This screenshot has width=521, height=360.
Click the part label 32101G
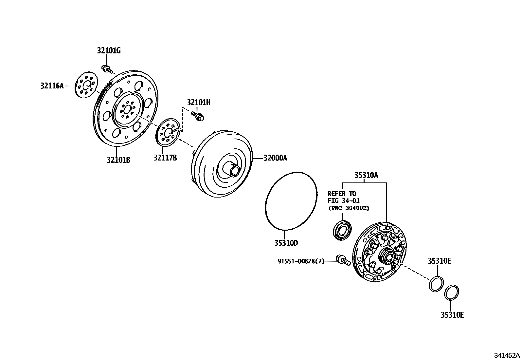click(109, 51)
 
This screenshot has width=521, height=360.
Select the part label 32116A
click(52, 86)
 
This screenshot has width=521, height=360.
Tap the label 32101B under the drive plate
click(118, 160)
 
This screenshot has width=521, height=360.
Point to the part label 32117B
click(165, 158)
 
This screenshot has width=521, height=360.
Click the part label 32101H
click(199, 103)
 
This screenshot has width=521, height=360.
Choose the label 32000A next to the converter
click(275, 158)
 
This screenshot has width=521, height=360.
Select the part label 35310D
click(286, 243)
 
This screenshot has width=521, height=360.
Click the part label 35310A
click(366, 175)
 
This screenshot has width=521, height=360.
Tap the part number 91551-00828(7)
click(301, 261)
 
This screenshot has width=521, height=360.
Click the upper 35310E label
click(440, 261)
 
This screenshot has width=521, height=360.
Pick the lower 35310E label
click(452, 315)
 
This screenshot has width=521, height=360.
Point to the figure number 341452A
click(507, 355)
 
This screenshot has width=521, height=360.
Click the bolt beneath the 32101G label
click(107, 69)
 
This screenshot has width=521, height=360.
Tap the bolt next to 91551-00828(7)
click(343, 260)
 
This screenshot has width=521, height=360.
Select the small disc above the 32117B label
click(167, 132)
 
